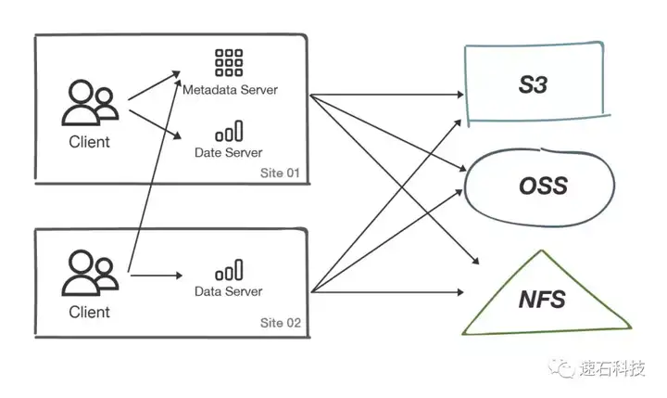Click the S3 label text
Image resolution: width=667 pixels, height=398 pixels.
[x=533, y=84]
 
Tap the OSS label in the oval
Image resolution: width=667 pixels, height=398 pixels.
[x=543, y=186]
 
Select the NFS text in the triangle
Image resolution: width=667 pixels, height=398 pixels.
[x=542, y=299]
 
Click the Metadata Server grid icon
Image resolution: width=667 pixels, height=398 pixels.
[x=229, y=63]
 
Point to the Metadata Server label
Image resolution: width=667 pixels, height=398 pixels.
[x=230, y=90]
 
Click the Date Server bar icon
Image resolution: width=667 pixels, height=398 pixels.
[x=229, y=131]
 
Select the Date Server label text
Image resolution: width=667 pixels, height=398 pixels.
[x=229, y=152]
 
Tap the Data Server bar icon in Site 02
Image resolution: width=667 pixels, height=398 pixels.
[x=229, y=270]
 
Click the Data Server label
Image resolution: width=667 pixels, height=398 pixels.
[x=229, y=291]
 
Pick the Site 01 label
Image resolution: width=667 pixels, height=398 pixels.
[x=280, y=173]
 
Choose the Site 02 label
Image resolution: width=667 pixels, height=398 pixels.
[x=281, y=323]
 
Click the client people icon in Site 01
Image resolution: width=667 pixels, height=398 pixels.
[x=90, y=103]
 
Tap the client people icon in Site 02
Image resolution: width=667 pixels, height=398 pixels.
[x=90, y=273]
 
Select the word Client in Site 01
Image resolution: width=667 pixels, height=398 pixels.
[x=89, y=142]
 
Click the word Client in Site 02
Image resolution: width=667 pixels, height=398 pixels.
[x=89, y=313]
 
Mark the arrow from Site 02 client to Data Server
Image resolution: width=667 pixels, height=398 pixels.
[x=157, y=276]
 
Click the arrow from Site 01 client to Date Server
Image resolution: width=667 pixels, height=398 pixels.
[x=156, y=124]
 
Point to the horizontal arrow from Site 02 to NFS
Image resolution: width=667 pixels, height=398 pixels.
[x=387, y=292]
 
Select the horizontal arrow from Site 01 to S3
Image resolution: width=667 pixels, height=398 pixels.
[x=386, y=95]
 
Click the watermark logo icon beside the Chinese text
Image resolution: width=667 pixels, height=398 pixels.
[x=562, y=367]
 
